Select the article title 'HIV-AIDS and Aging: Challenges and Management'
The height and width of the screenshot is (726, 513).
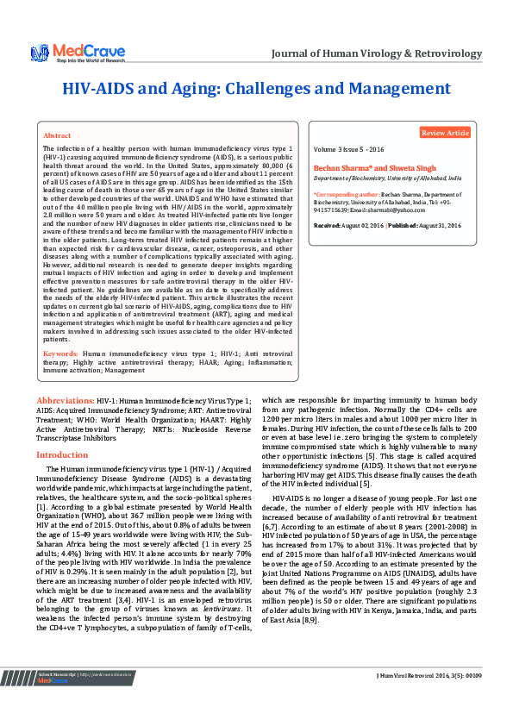coord(256,89)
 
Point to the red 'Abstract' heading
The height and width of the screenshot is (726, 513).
coord(57,136)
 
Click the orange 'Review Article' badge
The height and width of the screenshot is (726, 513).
coord(445,133)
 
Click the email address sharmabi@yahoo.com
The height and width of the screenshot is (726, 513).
coord(398,210)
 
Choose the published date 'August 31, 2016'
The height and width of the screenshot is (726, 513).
coord(440,225)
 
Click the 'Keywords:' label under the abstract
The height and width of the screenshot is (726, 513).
coord(61,354)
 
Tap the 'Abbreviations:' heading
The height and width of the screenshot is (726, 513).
coord(65,401)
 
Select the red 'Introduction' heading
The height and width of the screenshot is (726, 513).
coord(62,454)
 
